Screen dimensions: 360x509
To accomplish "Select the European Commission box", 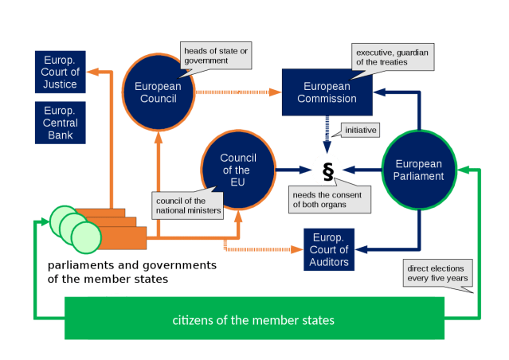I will [327, 92].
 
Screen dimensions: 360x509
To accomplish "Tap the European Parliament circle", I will [419, 170].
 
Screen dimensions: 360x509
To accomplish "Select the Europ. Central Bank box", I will [60, 122].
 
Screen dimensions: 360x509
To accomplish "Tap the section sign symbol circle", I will [327, 169].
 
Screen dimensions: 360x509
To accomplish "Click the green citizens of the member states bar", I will [253, 319].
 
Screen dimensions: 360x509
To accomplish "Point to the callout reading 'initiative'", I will [360, 128].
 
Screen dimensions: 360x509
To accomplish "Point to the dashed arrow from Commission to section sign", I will [327, 132].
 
